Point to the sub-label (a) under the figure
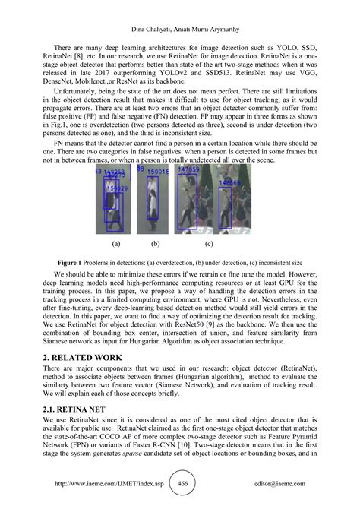(116, 245)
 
